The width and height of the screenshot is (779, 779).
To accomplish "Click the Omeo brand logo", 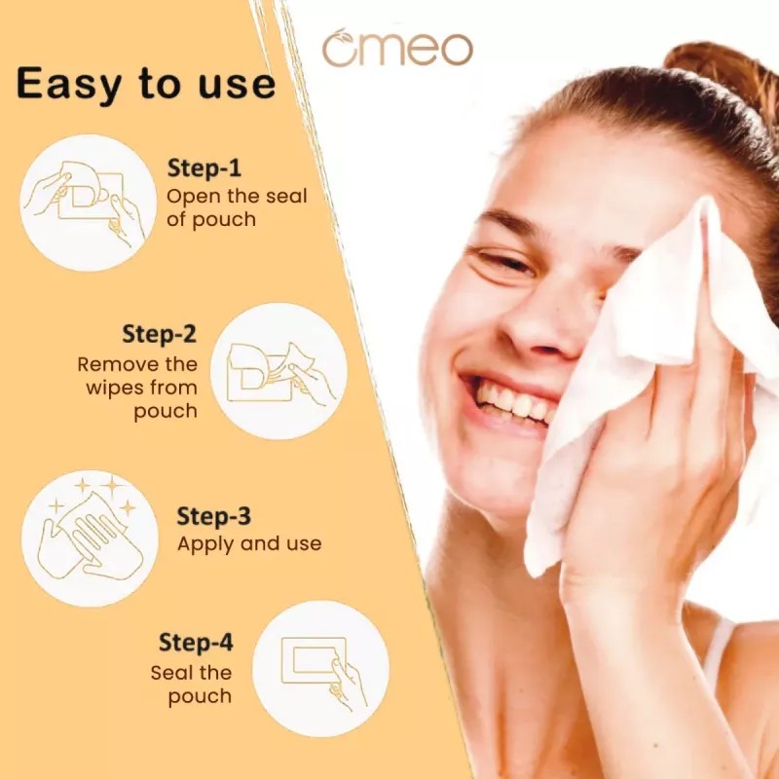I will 397,48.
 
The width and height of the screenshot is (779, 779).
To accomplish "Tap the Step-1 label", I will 205,167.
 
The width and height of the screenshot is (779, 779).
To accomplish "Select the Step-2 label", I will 159,334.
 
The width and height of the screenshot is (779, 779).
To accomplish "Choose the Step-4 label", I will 196,644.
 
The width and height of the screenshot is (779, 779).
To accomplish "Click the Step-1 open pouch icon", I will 88,203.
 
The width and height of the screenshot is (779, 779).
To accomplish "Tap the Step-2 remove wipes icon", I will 278,371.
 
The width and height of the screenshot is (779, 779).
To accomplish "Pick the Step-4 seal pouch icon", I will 320,668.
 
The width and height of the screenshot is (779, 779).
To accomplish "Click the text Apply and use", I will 248,543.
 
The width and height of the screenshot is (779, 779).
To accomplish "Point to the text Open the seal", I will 237,196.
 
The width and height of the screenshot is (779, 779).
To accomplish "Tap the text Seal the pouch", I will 192,684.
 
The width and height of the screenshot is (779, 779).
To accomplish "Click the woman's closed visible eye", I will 506,262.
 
